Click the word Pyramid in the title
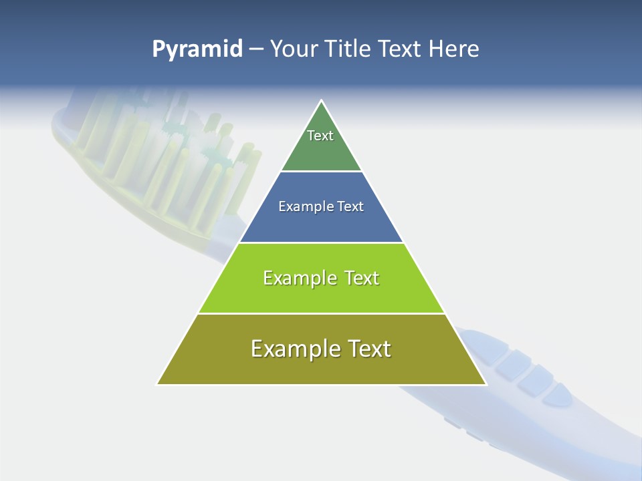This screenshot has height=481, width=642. (x=197, y=49)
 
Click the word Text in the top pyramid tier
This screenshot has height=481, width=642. (x=320, y=136)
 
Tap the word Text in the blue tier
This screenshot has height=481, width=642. (x=351, y=207)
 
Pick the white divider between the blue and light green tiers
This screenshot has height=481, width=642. (x=322, y=243)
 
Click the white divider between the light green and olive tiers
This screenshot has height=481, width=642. (x=322, y=313)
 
